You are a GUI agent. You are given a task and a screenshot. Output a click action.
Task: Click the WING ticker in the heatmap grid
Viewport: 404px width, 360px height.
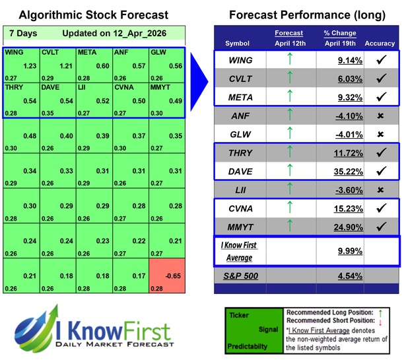tap(13, 52)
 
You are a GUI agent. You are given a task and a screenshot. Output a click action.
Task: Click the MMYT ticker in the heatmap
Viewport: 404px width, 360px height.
tap(160, 87)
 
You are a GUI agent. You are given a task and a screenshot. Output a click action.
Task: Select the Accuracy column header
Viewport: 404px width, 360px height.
tap(379, 44)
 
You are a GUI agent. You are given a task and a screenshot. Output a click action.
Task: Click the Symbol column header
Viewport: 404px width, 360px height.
tap(238, 44)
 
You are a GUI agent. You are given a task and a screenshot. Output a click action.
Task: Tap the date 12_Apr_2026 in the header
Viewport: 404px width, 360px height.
tap(141, 33)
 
